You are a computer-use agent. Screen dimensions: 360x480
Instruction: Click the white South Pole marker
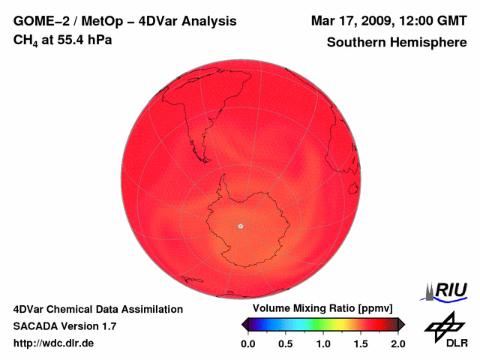[x=240, y=226]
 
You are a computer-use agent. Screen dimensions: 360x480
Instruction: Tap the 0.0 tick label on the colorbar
[x=247, y=343]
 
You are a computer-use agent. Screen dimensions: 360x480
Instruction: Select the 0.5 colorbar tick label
[x=285, y=343]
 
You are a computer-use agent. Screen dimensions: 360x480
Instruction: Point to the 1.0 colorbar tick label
[x=322, y=343]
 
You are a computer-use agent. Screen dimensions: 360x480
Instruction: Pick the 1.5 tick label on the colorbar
[x=361, y=343]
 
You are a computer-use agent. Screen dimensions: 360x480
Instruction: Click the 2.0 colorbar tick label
[x=397, y=343]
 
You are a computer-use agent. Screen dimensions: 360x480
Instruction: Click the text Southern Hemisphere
[x=396, y=43]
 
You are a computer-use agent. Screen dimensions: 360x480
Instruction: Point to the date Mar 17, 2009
[x=346, y=20]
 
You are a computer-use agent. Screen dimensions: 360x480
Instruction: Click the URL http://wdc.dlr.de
[x=54, y=343]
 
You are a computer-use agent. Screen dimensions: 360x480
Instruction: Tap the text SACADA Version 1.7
[x=64, y=326]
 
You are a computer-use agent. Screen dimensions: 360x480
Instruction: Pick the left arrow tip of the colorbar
[x=243, y=324]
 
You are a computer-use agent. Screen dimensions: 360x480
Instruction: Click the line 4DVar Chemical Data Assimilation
[x=98, y=309]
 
